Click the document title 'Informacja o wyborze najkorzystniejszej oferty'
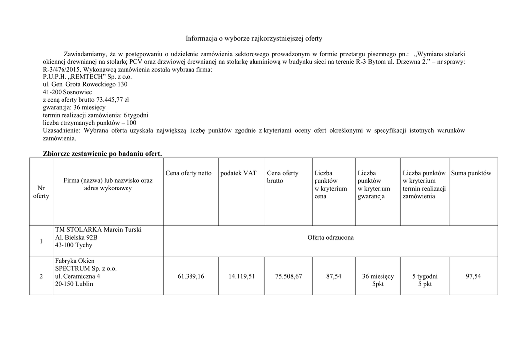(x=254, y=38)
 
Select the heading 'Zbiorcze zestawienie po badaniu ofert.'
(x=103, y=153)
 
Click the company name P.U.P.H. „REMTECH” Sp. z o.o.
(x=88, y=77)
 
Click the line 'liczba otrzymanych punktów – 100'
(x=90, y=123)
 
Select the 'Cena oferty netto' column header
(x=189, y=173)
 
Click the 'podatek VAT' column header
(x=239, y=173)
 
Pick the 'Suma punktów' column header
(x=471, y=173)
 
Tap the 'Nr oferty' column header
(x=41, y=192)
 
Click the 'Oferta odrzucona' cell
(x=330, y=238)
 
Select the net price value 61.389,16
(x=190, y=276)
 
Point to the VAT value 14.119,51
(x=242, y=276)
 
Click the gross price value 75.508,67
(x=289, y=276)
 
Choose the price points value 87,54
(x=334, y=276)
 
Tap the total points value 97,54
(x=473, y=276)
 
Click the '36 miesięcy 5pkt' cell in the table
(x=378, y=280)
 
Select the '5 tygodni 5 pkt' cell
(x=425, y=280)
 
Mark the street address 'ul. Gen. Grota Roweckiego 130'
(x=85, y=84)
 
